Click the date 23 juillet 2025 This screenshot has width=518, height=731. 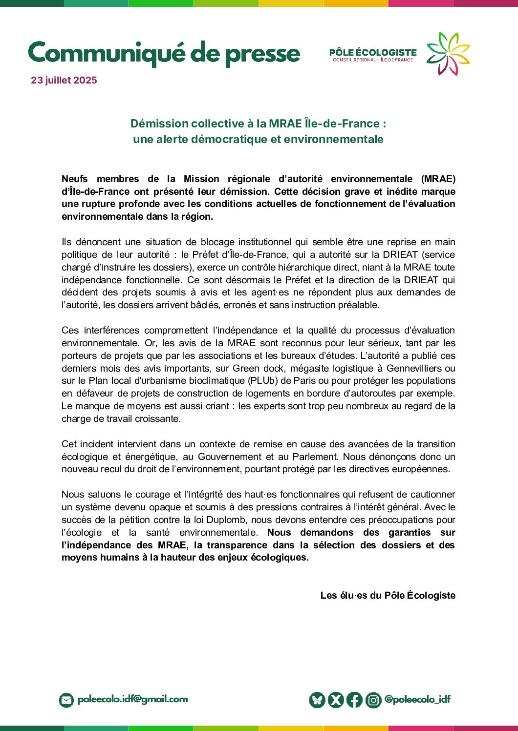pyautogui.click(x=64, y=81)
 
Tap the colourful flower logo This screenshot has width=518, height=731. pyautogui.click(x=448, y=53)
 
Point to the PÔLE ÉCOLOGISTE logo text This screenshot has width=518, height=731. pyautogui.click(x=373, y=53)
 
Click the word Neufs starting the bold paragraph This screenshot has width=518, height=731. pyautogui.click(x=75, y=179)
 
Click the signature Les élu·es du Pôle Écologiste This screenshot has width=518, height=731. pyautogui.click(x=388, y=596)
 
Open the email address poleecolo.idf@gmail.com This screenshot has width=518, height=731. pyautogui.click(x=132, y=700)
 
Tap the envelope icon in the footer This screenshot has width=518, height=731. pyautogui.click(x=66, y=700)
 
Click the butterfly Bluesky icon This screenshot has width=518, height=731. pyautogui.click(x=317, y=700)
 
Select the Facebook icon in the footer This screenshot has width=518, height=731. pyautogui.click(x=354, y=700)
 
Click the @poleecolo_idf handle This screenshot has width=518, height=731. pyautogui.click(x=417, y=700)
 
